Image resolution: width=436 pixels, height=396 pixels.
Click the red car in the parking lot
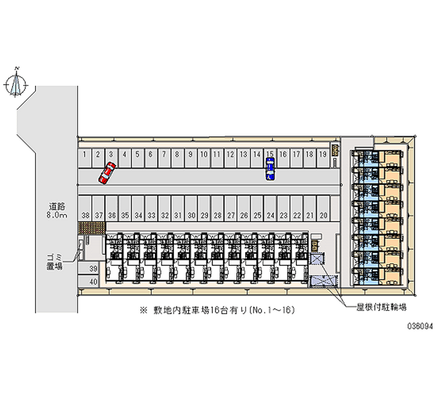[x=107, y=172]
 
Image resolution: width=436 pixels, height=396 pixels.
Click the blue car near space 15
[x=270, y=169]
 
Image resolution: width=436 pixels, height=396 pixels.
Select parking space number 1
[x=85, y=156]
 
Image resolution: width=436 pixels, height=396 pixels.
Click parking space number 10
[x=203, y=156]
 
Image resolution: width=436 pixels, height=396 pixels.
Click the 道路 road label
[x=57, y=206]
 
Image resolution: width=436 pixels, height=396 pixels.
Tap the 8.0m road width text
[x=57, y=216]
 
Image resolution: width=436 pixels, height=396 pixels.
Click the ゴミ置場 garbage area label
[x=53, y=263]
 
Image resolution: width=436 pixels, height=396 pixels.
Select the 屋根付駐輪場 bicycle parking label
[x=382, y=307]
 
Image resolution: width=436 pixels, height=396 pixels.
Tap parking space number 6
[x=150, y=156]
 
